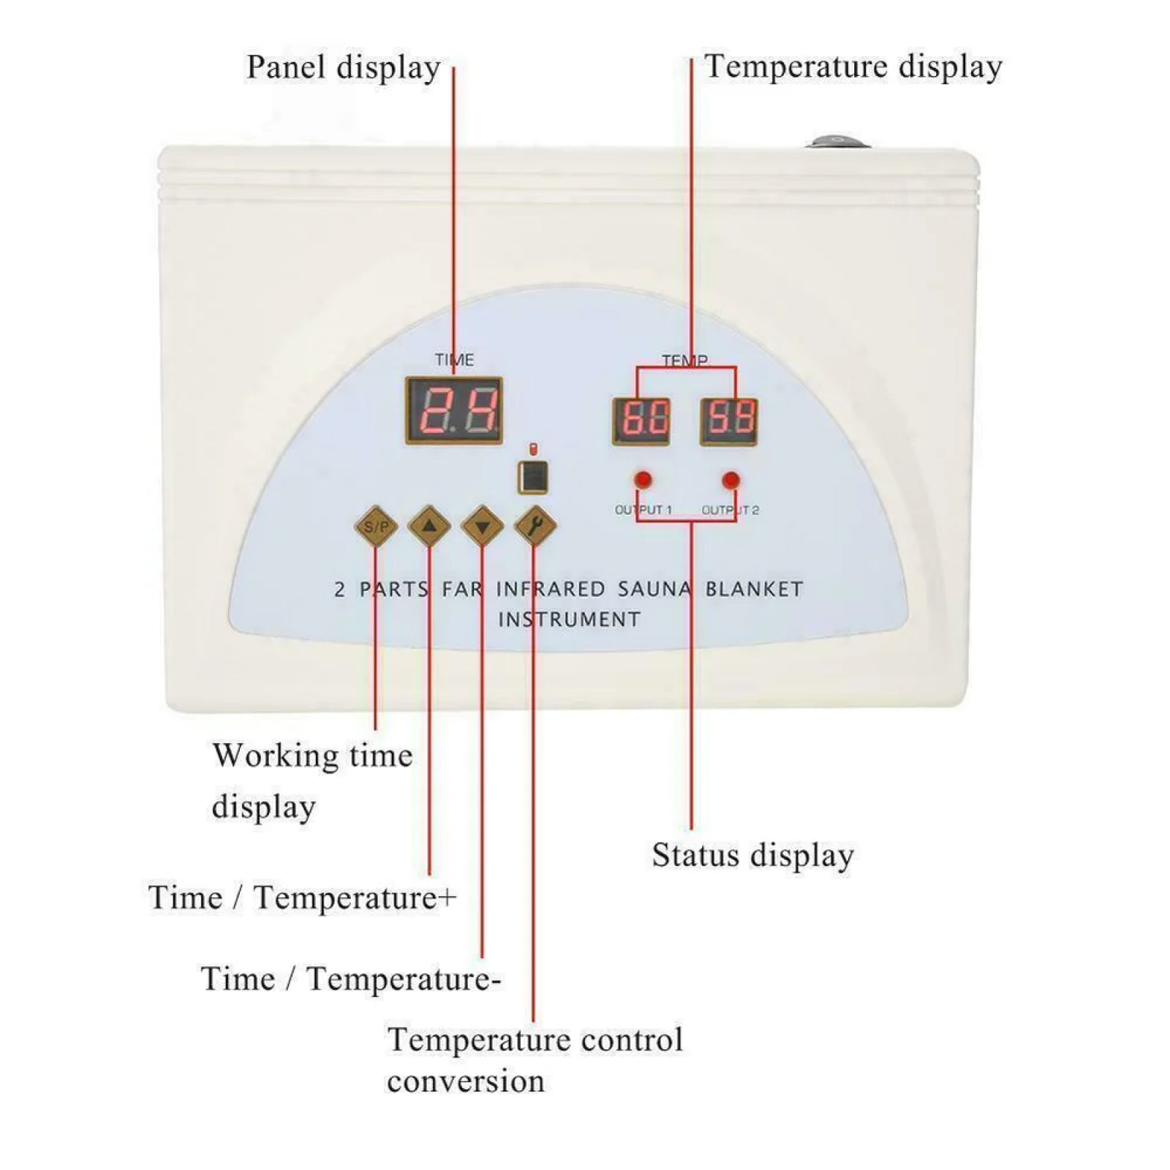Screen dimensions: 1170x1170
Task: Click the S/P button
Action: point(376,526)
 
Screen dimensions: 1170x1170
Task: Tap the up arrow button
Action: point(429,526)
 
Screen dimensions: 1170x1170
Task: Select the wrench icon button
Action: point(535,526)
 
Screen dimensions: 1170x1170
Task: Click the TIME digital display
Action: point(453,410)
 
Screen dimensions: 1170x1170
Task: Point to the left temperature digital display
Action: point(641,421)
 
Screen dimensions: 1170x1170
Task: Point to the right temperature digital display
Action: point(729,421)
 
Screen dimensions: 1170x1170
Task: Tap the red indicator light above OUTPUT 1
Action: point(643,480)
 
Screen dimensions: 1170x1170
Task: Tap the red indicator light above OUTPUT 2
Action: point(731,480)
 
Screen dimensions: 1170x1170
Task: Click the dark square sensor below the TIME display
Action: point(533,477)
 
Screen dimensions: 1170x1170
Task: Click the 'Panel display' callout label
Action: point(343,67)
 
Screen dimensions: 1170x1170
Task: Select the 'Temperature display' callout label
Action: point(853,67)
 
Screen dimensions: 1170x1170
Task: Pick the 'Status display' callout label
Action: point(752,856)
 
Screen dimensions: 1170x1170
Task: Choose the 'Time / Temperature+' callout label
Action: point(302,897)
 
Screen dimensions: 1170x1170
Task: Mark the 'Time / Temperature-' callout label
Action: point(350,979)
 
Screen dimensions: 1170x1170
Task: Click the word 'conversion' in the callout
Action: point(466,1082)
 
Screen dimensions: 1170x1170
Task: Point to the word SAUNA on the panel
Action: point(654,589)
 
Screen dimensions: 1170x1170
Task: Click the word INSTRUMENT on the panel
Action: point(569,620)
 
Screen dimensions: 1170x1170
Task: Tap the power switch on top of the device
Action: point(838,141)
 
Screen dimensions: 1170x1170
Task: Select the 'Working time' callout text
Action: point(312,755)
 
